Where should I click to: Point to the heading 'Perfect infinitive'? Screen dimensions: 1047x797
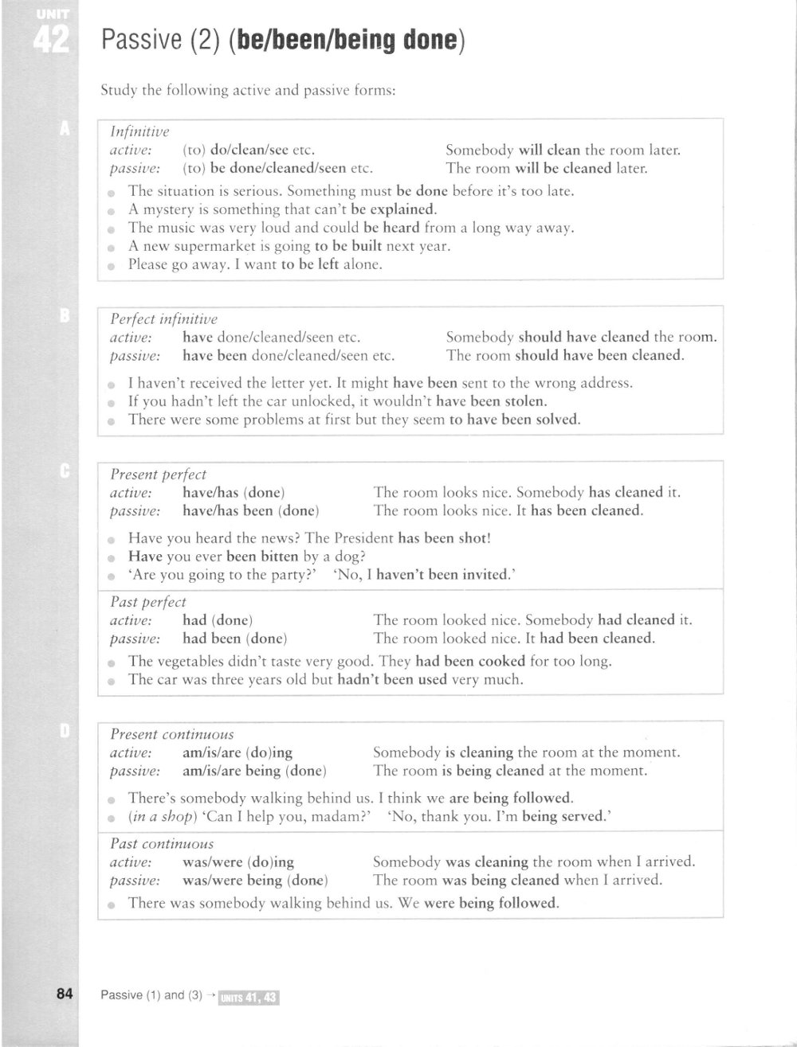click(x=163, y=318)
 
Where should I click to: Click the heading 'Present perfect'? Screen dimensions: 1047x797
click(x=158, y=475)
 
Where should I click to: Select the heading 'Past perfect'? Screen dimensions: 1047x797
click(x=148, y=602)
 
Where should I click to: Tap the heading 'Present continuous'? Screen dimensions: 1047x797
click(x=172, y=734)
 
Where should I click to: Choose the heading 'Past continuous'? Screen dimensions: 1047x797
click(x=162, y=843)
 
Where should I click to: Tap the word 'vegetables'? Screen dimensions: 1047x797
click(x=191, y=661)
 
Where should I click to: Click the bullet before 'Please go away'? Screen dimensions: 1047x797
click(x=112, y=266)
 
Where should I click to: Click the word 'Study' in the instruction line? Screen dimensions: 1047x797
click(x=119, y=90)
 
